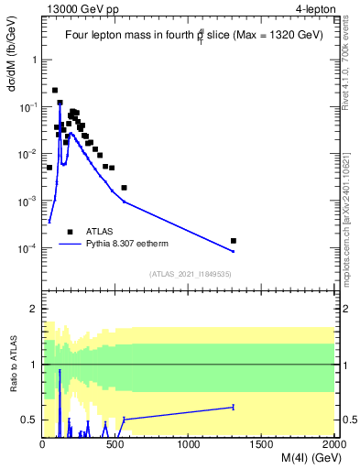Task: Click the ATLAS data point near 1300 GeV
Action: click(233, 241)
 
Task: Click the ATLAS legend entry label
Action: click(100, 232)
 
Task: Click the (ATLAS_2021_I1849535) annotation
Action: click(189, 273)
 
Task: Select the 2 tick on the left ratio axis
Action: click(33, 310)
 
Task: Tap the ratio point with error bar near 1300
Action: click(233, 407)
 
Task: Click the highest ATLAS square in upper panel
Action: click(55, 90)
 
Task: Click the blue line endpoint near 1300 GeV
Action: click(233, 251)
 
